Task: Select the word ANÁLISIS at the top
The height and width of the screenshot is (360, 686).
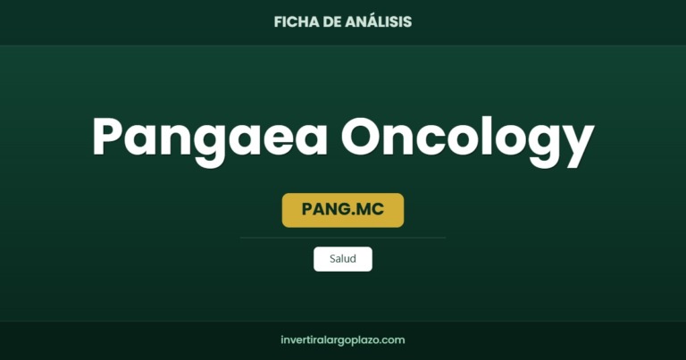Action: [x=378, y=21]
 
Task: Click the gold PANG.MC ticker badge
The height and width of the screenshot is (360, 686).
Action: [x=343, y=210]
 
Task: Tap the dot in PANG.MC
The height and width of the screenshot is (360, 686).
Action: [x=348, y=213]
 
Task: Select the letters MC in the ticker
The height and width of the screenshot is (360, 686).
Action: [x=368, y=209]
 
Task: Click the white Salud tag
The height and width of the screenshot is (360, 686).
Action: [x=343, y=259]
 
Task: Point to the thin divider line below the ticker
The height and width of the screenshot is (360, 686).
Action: [x=343, y=238]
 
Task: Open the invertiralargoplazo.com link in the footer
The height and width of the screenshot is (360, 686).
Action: [x=343, y=339]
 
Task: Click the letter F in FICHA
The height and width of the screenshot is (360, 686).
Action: [x=279, y=21]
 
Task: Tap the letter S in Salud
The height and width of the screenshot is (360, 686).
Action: [x=333, y=258]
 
